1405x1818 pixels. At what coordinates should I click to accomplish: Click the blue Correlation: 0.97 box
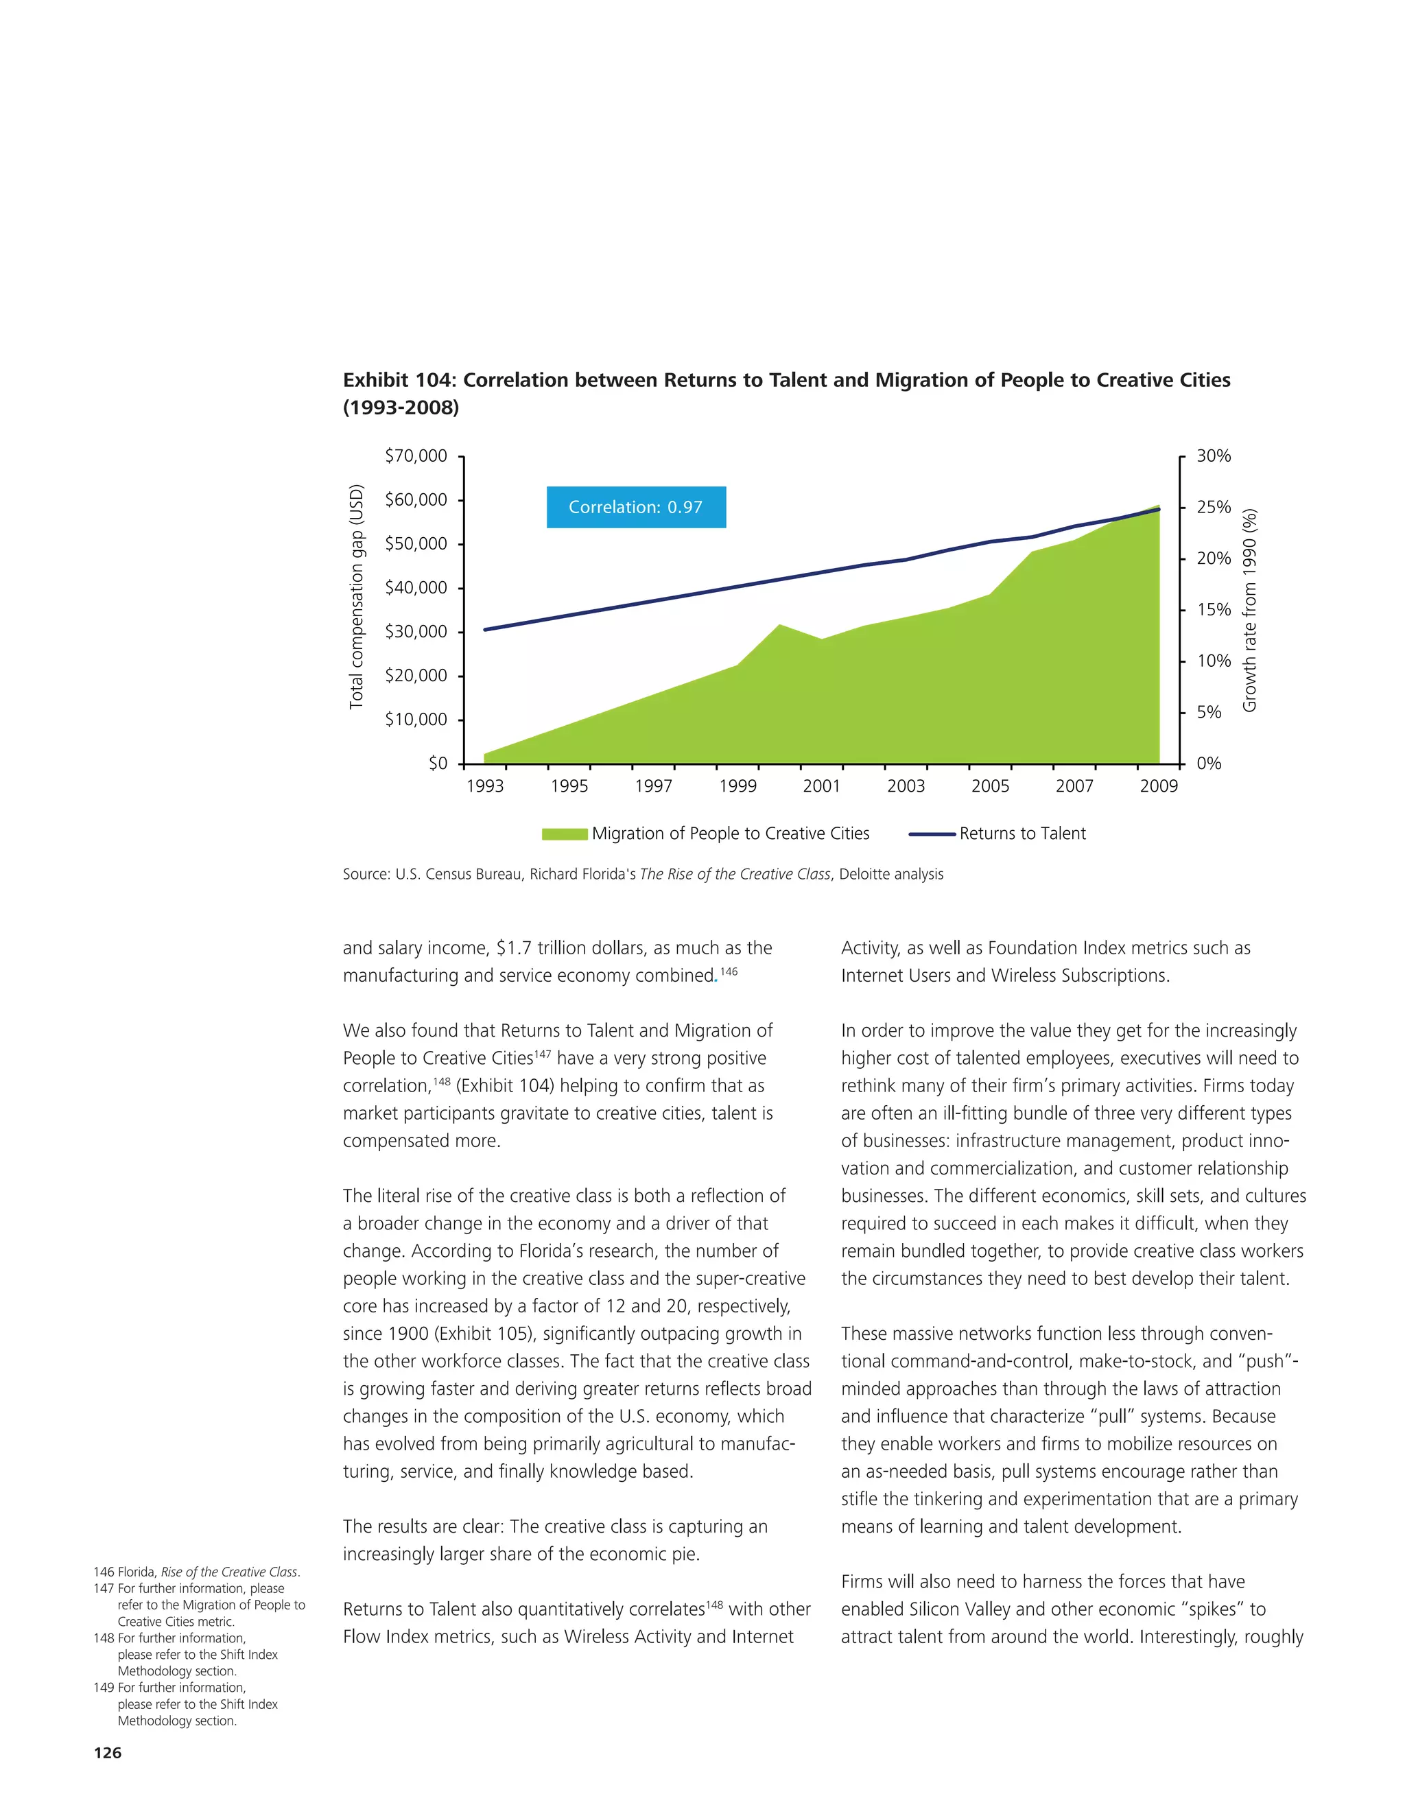click(x=636, y=507)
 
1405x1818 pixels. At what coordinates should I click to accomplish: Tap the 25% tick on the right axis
click(x=1213, y=507)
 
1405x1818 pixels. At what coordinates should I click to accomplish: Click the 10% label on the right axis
click(x=1213, y=661)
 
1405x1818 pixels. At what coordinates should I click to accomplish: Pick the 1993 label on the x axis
click(x=484, y=786)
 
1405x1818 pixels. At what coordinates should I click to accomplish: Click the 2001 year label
click(x=821, y=786)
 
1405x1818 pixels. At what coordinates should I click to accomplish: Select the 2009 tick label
click(x=1159, y=786)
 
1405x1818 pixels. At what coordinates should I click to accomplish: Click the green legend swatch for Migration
click(x=565, y=834)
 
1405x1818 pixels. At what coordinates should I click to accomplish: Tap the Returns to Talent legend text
click(x=1022, y=834)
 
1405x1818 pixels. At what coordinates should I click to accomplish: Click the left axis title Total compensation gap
click(x=356, y=596)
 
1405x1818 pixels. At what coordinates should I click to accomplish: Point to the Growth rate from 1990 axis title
click(x=1249, y=610)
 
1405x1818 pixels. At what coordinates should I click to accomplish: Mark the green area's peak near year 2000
click(x=779, y=626)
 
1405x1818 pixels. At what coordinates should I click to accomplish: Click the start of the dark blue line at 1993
click(x=485, y=629)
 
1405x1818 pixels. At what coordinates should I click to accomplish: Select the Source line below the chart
click(x=643, y=874)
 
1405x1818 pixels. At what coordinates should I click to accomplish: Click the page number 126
click(x=108, y=1752)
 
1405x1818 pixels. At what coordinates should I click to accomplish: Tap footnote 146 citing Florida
click(x=196, y=1572)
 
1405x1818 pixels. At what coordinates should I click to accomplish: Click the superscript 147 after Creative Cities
click(x=543, y=1054)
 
